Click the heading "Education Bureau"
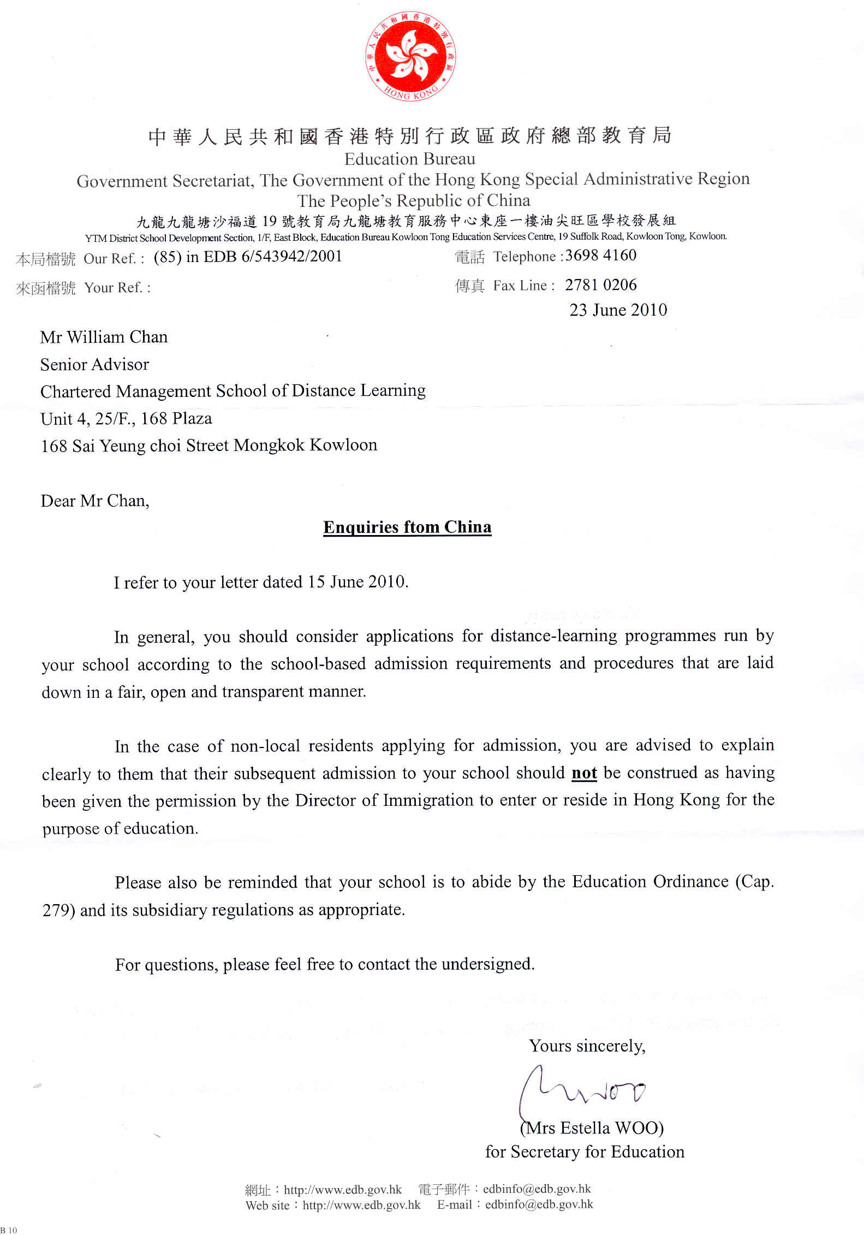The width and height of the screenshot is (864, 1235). [x=409, y=159]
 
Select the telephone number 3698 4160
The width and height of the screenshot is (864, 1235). [x=600, y=255]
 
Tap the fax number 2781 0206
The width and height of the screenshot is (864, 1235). [x=600, y=284]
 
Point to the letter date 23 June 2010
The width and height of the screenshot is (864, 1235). [x=618, y=310]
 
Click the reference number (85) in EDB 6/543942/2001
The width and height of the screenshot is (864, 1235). [x=248, y=257]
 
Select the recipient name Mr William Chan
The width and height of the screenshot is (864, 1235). [x=104, y=337]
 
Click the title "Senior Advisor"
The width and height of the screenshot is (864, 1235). [x=94, y=364]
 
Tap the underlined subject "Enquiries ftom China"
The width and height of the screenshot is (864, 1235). [x=407, y=527]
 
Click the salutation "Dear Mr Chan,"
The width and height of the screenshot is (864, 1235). [x=95, y=501]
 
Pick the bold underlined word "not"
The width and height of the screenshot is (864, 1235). [x=584, y=773]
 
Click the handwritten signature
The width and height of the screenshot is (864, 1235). [x=581, y=1091]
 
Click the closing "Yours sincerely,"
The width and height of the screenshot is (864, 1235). [x=587, y=1046]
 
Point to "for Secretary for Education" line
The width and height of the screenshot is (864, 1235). [x=584, y=1151]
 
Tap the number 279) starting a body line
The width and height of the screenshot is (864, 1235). [x=58, y=910]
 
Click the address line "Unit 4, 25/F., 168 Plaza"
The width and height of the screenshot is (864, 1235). [x=126, y=419]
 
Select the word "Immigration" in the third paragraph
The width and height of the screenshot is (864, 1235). [x=428, y=800]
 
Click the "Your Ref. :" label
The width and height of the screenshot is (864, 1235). [x=117, y=287]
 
